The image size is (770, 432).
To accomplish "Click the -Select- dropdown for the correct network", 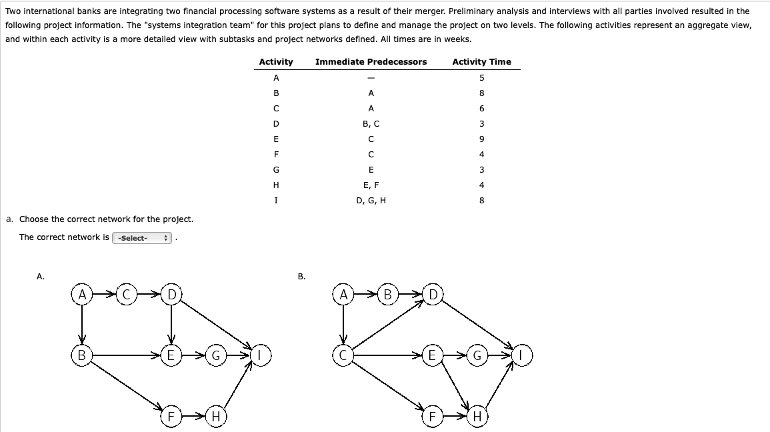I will point(143,238).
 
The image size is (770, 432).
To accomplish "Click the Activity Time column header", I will point(481,62).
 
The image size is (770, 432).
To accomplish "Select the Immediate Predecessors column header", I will point(371,62).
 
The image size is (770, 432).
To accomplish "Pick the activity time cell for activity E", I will point(481,139).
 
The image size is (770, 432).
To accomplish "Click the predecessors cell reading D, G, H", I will point(371,200).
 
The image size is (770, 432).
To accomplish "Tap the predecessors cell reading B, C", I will point(371,123).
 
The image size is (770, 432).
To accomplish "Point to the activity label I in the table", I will point(276,200).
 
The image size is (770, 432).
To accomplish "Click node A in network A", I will point(82,294).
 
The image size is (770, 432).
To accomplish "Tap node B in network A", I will point(82,355).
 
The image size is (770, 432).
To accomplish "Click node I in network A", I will point(261,355).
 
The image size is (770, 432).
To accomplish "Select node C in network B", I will point(343,355).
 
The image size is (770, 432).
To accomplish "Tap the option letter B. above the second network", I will point(301,276).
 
